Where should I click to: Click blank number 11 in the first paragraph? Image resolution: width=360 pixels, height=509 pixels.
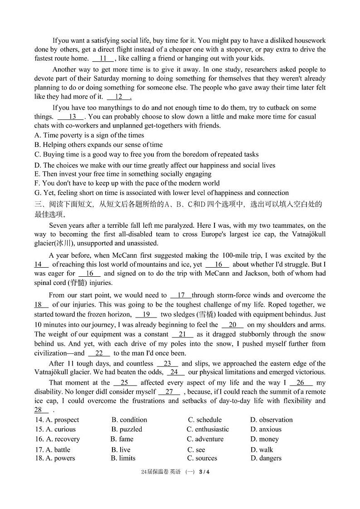tap(103, 59)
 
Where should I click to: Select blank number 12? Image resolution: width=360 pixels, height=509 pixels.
tap(119, 97)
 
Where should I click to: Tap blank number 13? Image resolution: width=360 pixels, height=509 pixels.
tap(73, 117)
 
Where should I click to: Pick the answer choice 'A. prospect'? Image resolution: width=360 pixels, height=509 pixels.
tap(57, 420)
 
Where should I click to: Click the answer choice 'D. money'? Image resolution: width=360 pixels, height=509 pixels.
tap(264, 439)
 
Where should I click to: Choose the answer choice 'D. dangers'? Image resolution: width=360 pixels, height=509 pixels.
tap(266, 458)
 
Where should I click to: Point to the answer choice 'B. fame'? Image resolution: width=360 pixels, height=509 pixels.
tap(122, 439)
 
